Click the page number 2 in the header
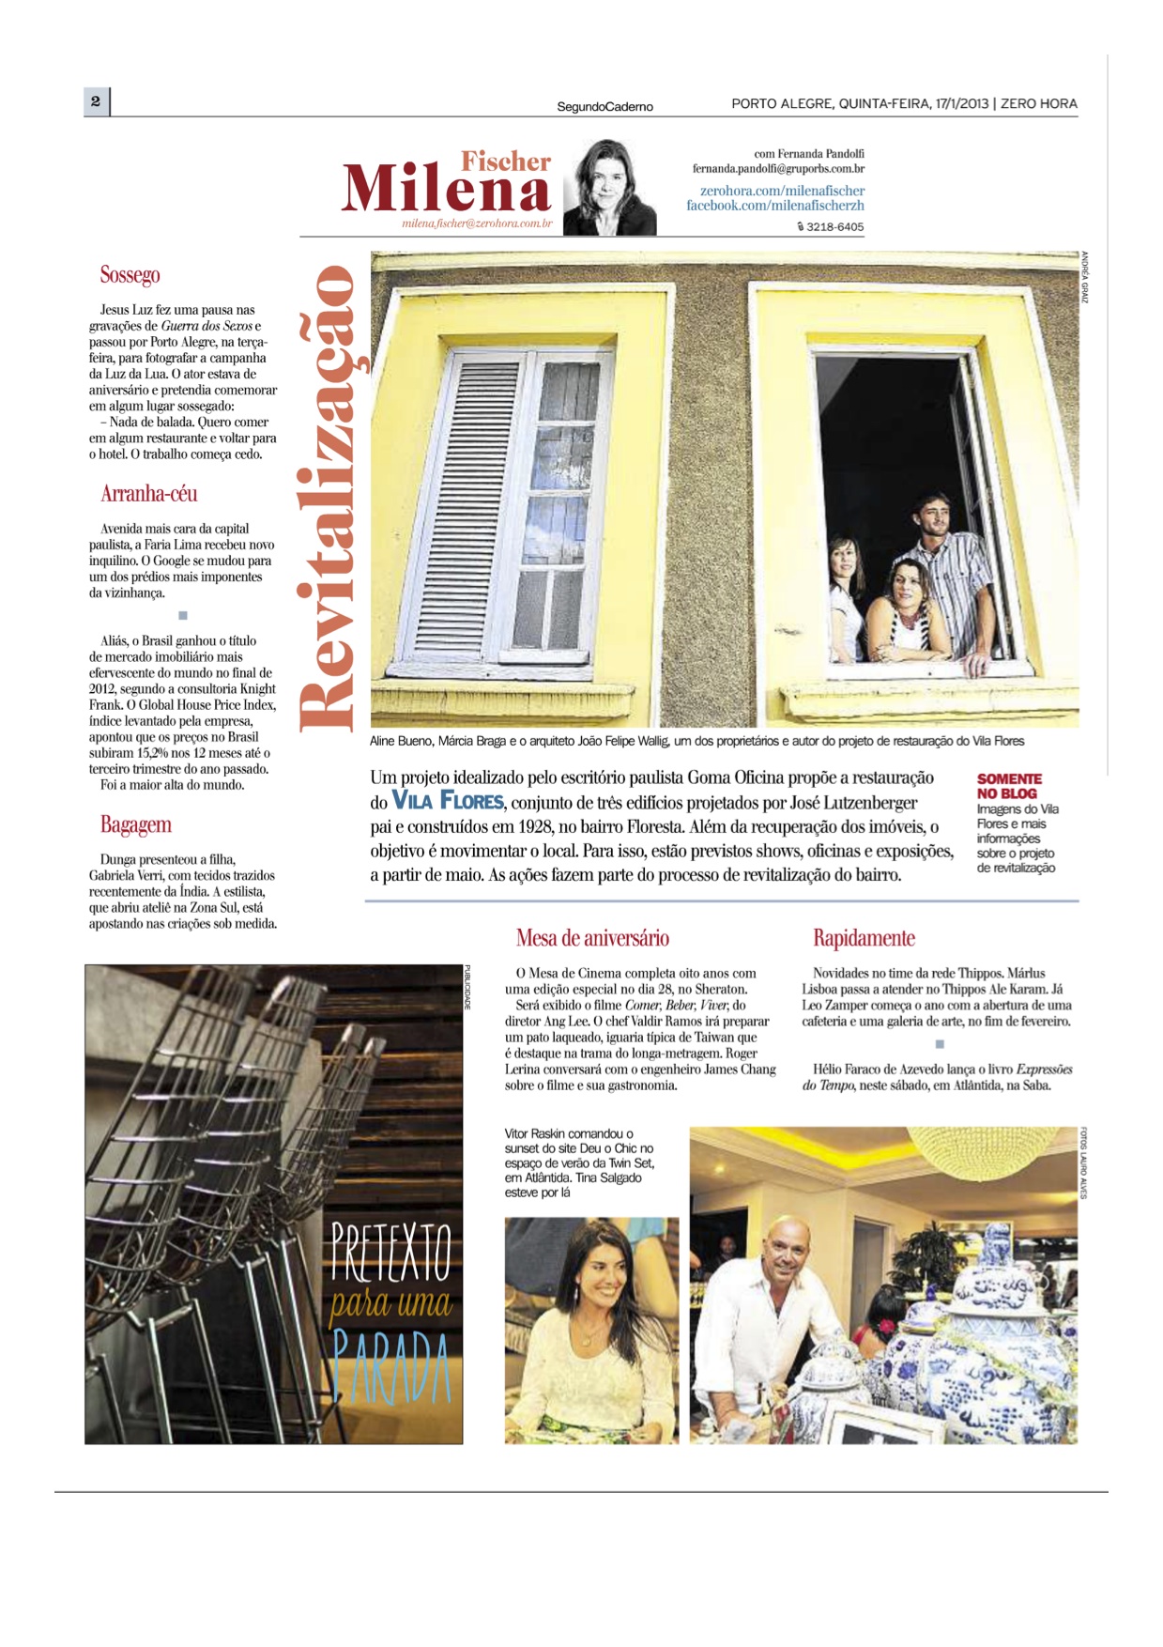[95, 100]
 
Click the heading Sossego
[130, 275]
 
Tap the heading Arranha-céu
[148, 494]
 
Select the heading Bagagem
[135, 824]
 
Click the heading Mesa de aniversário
[592, 938]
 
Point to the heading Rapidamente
[863, 938]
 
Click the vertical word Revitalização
[328, 498]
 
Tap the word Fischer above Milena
[505, 162]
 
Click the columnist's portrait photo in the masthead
[610, 188]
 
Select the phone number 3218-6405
[834, 227]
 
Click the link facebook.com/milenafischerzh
[774, 206]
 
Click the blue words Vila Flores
[448, 801]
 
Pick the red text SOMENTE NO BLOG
[1008, 786]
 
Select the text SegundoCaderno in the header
[604, 107]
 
